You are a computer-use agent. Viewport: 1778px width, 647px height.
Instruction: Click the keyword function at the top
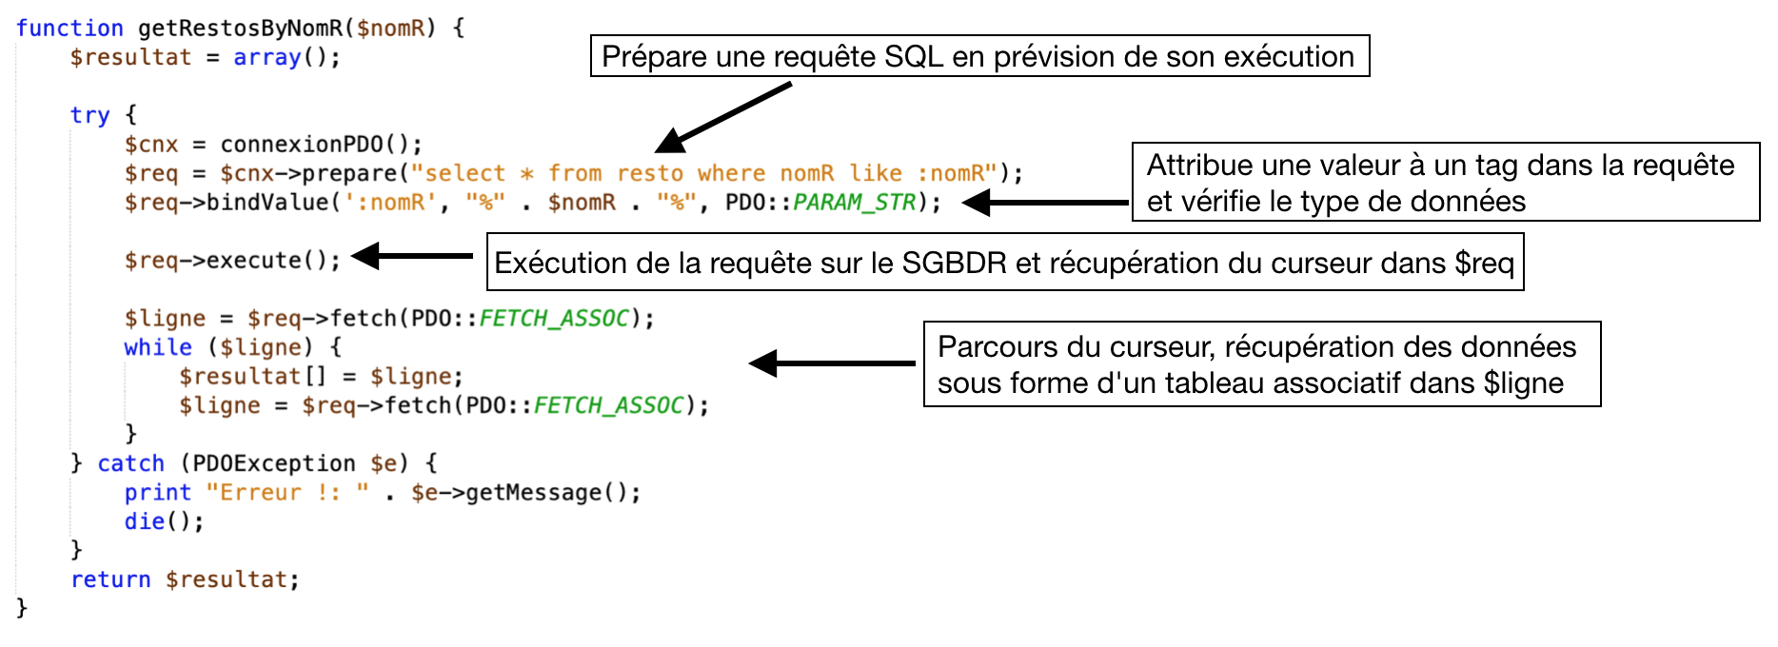coord(69,29)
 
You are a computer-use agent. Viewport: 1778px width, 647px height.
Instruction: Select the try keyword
coord(90,116)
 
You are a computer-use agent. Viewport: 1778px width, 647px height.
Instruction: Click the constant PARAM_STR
coord(855,203)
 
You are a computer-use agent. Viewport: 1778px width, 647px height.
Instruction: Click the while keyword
coord(158,348)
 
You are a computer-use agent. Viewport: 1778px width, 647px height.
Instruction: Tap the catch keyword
coord(131,464)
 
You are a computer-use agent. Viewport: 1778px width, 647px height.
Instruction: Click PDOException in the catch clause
coord(274,464)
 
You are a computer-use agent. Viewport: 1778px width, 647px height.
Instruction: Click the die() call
coord(164,522)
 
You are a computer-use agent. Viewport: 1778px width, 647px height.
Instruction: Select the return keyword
coord(110,580)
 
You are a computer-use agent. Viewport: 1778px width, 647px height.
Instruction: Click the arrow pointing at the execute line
coord(412,256)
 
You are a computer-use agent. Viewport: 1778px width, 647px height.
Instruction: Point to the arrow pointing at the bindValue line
coord(1045,203)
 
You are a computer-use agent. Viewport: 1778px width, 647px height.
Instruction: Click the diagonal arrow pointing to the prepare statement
coord(723,118)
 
